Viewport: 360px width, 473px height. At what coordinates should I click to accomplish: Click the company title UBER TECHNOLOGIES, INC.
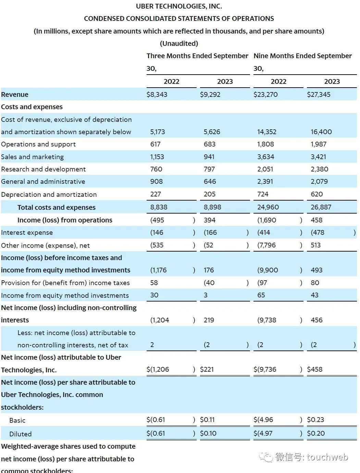pos(179,6)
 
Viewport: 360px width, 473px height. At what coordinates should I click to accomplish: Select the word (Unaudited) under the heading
pos(179,43)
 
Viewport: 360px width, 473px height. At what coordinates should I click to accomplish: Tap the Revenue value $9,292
pos(210,94)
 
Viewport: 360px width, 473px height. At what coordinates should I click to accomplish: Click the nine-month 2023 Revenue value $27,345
pos(319,94)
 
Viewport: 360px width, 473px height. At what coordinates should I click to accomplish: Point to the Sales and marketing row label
pos(33,157)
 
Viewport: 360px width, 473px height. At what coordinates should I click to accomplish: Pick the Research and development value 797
pos(209,169)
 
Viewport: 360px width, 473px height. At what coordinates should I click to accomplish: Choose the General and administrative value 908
pos(156,181)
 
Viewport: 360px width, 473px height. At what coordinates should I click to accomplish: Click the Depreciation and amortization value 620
pos(316,194)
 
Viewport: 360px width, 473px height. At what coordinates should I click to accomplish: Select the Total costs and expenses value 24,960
pos(268,207)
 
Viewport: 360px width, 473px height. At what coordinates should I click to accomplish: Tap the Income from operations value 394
pos(209,220)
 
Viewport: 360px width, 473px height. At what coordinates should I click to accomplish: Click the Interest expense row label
pos(27,233)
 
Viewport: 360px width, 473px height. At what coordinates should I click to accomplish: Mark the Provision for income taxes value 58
pos(154,283)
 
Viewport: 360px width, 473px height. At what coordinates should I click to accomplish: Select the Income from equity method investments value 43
pos(314,295)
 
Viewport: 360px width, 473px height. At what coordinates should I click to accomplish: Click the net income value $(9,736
pos(265,369)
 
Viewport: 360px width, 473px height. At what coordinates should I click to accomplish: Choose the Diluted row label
pos(20,434)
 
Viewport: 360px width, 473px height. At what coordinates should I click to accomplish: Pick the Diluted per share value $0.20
pos(315,433)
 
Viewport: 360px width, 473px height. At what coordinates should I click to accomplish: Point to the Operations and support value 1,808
pos(265,144)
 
